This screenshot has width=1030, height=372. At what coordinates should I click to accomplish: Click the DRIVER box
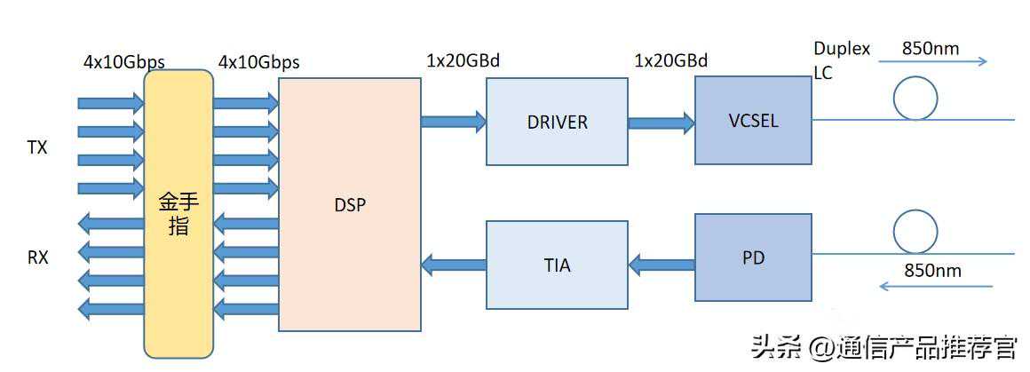click(557, 121)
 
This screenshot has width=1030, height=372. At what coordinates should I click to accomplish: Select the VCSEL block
click(752, 120)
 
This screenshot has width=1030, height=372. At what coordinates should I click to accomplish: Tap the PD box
click(752, 257)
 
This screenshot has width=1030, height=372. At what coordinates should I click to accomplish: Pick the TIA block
click(557, 264)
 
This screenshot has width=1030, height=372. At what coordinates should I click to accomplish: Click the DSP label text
click(350, 204)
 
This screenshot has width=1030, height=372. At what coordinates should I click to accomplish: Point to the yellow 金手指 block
click(178, 214)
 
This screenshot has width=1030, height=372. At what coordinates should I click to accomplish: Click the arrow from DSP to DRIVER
click(453, 120)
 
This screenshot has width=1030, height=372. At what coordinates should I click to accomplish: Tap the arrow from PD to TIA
click(661, 263)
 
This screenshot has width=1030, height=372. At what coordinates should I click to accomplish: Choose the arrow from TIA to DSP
click(453, 263)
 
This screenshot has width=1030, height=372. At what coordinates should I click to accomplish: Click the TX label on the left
click(37, 148)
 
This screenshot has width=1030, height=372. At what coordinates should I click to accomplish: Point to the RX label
click(37, 257)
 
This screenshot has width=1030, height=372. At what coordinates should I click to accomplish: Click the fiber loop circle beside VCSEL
click(915, 98)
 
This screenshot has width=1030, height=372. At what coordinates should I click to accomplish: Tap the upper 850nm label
click(930, 49)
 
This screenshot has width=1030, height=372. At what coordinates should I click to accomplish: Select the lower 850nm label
click(932, 271)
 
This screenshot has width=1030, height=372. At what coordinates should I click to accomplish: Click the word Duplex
click(842, 49)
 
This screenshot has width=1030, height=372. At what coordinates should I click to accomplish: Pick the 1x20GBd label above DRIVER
click(463, 61)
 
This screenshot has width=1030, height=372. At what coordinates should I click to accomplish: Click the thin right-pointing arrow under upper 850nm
click(932, 62)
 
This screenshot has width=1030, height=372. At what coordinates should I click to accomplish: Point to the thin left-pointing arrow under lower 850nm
click(935, 286)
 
